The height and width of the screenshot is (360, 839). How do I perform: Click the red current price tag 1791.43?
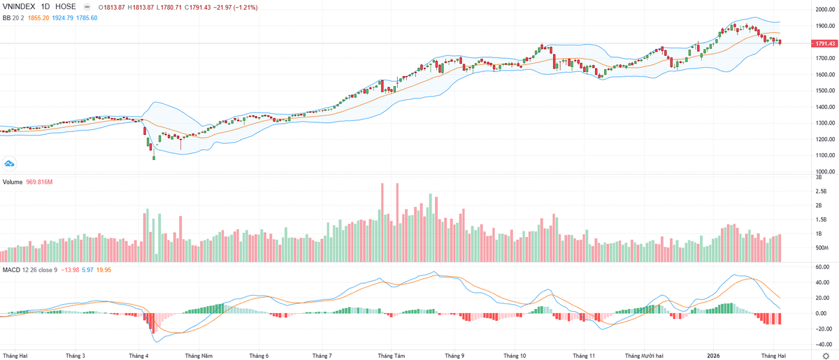coord(823,43)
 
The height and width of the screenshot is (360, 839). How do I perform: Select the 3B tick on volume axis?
coord(818,178)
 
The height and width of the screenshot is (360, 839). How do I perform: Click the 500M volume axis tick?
coord(822,247)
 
